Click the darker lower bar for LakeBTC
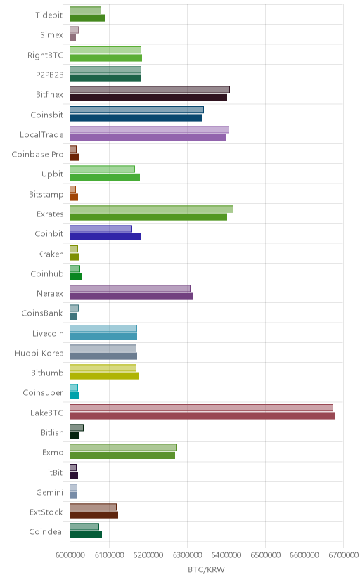202,415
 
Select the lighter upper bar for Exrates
151,209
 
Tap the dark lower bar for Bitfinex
148,98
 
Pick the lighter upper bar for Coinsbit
136,110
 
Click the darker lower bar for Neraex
131,296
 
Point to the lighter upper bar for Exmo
123,447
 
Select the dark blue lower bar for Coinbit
105,237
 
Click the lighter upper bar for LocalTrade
149,129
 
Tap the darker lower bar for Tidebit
87,18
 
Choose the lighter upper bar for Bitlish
77,427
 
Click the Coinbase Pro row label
37,155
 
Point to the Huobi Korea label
39,353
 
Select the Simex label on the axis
51,35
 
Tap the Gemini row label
50,492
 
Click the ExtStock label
46,512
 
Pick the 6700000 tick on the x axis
343,555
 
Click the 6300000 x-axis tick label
187,555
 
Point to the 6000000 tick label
70,555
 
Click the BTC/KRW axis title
206,570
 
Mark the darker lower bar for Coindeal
86,535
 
